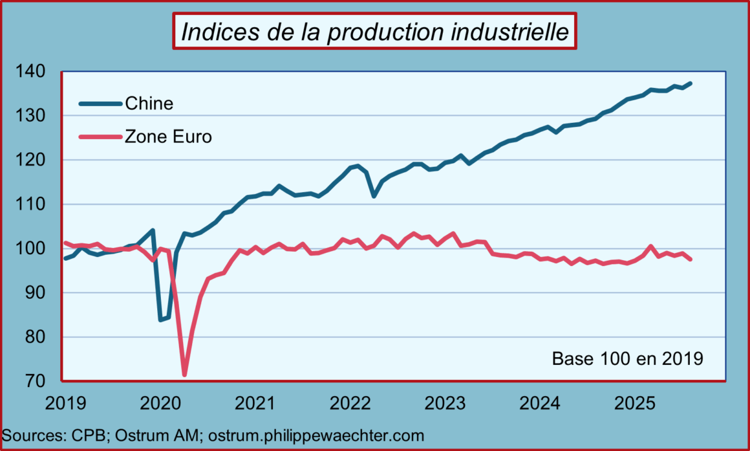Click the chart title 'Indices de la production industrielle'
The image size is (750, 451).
[x=374, y=31]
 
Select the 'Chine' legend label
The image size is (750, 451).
[x=149, y=103]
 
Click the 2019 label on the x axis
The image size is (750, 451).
[x=65, y=403]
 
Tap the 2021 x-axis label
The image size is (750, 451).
[x=254, y=403]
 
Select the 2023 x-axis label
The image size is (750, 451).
[x=444, y=403]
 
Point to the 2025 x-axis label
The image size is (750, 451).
[x=634, y=403]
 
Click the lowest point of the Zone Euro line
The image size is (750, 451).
[x=184, y=375]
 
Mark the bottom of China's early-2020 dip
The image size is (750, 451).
[x=160, y=320]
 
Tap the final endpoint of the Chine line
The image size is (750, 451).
[x=691, y=83]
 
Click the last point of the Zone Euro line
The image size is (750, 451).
[x=691, y=259]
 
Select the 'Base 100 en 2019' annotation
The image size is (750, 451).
[x=627, y=358]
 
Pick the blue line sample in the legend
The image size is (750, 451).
[x=100, y=103]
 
